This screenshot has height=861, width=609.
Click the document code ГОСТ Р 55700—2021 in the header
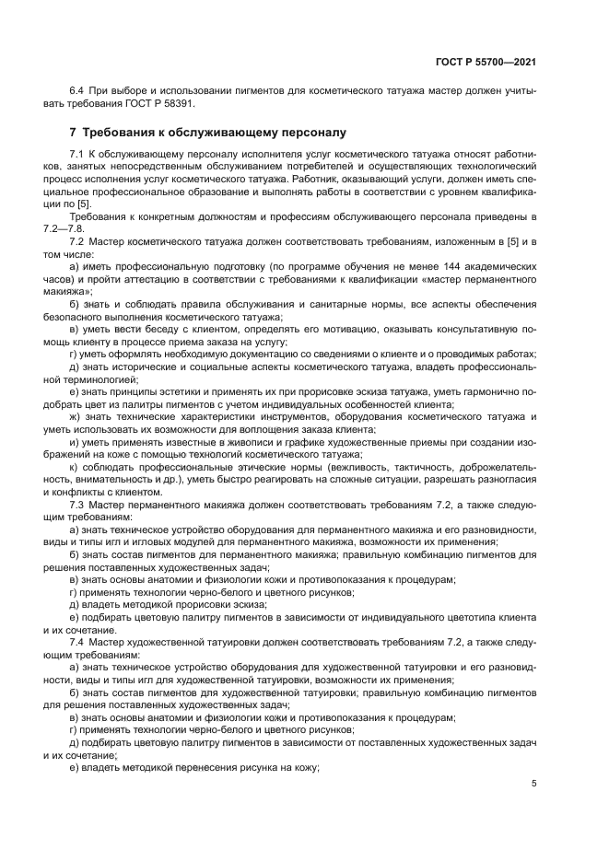click(486, 62)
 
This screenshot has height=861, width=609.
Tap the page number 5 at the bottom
click(533, 785)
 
